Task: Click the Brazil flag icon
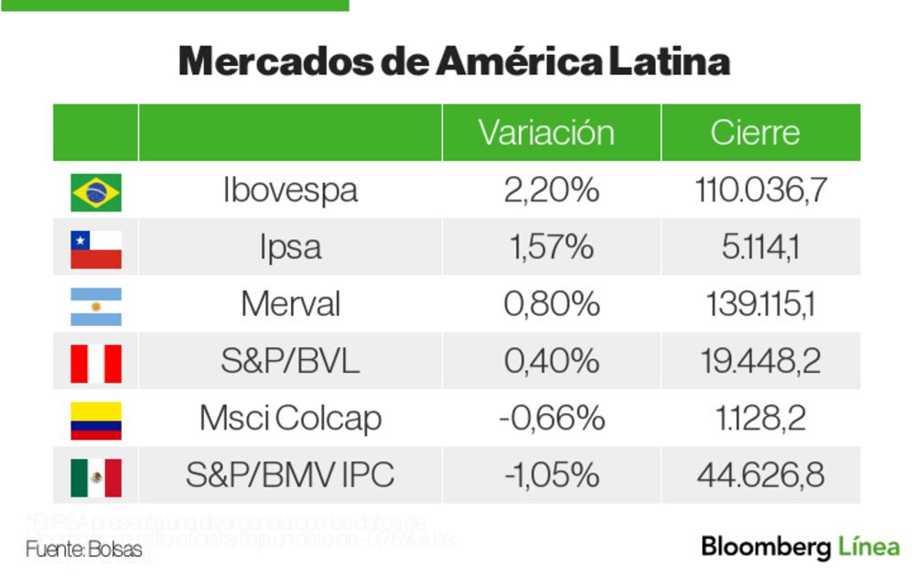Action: (96, 192)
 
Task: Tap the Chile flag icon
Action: (96, 249)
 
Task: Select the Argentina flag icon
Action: (96, 306)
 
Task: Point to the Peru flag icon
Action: (96, 363)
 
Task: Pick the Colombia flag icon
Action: (96, 419)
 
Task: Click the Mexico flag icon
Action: (96, 476)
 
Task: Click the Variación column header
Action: (546, 133)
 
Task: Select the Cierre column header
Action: (755, 133)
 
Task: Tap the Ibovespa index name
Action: (290, 191)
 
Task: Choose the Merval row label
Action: (290, 304)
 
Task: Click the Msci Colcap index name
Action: (290, 419)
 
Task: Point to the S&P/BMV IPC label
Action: (290, 475)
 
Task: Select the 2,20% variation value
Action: (551, 191)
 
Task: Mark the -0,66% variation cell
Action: (551, 419)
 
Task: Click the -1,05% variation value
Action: (551, 475)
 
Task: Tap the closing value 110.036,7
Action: (760, 191)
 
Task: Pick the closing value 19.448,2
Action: (760, 362)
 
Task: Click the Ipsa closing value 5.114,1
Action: (760, 247)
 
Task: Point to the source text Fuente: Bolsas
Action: (84, 550)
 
